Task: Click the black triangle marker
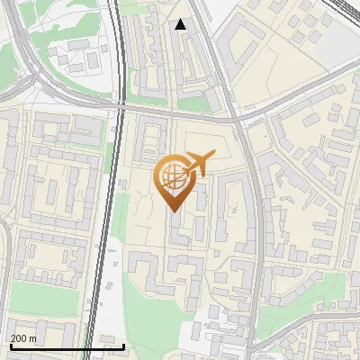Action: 181,24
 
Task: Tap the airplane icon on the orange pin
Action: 199,163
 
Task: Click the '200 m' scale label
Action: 22,338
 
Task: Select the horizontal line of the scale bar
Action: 67,346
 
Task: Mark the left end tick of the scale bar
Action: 10,344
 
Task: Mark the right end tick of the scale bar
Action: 123,344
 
